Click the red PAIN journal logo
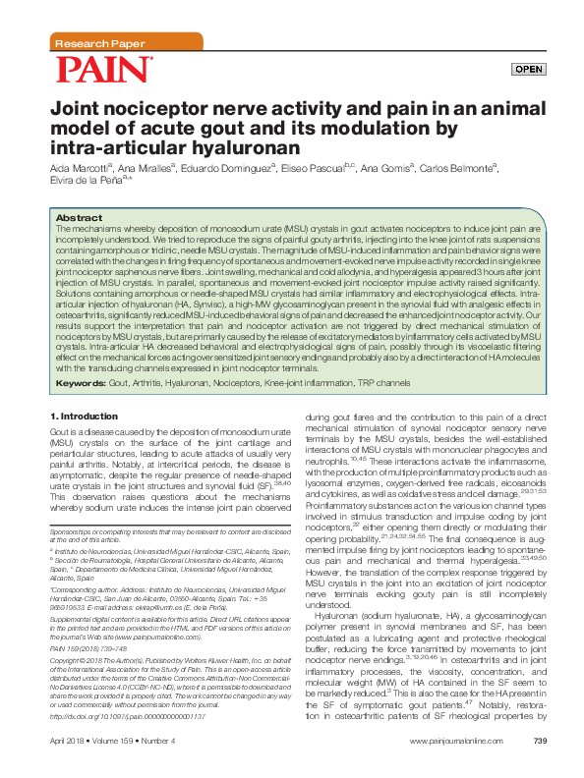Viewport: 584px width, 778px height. tap(103, 69)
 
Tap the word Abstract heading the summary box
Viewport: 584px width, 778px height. tap(80, 217)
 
